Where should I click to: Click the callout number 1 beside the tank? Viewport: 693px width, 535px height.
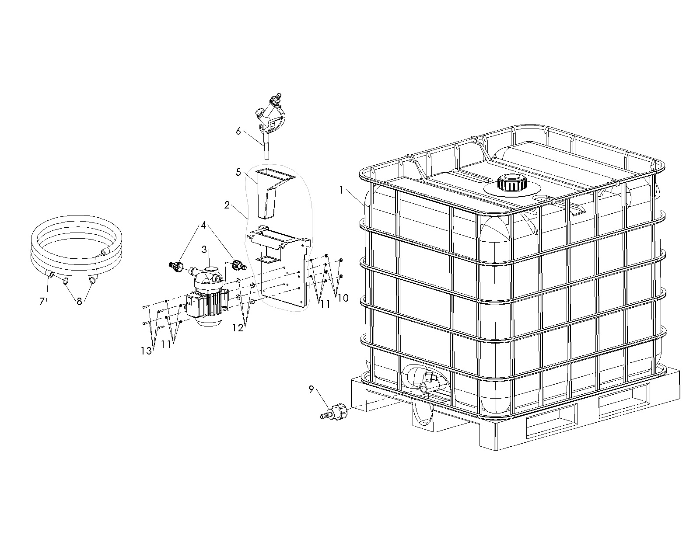[x=342, y=190]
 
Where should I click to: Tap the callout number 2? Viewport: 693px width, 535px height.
[x=227, y=205]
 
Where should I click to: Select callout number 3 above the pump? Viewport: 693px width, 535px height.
[x=204, y=250]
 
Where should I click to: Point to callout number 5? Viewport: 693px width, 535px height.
[x=238, y=172]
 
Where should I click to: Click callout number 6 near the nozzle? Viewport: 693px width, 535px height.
[x=238, y=131]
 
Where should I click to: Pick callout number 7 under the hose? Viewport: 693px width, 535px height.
[x=42, y=301]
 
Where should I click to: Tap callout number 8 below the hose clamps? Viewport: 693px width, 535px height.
[x=80, y=301]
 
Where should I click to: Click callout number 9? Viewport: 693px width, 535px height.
[x=311, y=389]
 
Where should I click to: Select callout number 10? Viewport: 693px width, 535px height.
[x=343, y=298]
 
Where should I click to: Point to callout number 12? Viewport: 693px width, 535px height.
[x=238, y=327]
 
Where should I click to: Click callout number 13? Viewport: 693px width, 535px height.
[x=147, y=351]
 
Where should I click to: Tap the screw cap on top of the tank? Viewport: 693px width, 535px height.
[x=512, y=183]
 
